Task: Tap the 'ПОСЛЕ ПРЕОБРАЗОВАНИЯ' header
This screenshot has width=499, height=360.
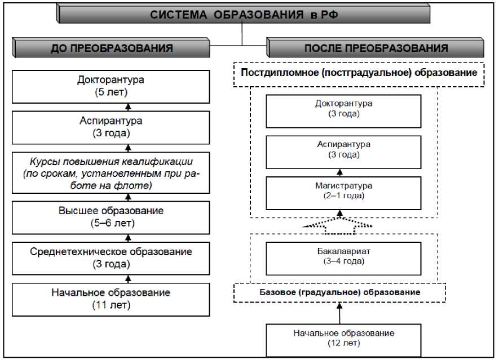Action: click(x=376, y=48)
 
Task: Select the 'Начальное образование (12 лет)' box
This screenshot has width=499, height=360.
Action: click(x=343, y=338)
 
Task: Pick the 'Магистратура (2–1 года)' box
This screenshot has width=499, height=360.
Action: click(x=343, y=191)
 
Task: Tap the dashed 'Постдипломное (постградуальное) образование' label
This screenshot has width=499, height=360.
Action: click(x=359, y=74)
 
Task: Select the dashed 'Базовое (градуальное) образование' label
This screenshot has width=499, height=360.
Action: click(x=339, y=292)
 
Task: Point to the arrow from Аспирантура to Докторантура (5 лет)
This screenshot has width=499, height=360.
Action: click(x=128, y=107)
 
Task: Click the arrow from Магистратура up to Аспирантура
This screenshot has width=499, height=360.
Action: click(x=340, y=172)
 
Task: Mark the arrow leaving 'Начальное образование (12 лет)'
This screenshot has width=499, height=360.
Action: click(x=340, y=313)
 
